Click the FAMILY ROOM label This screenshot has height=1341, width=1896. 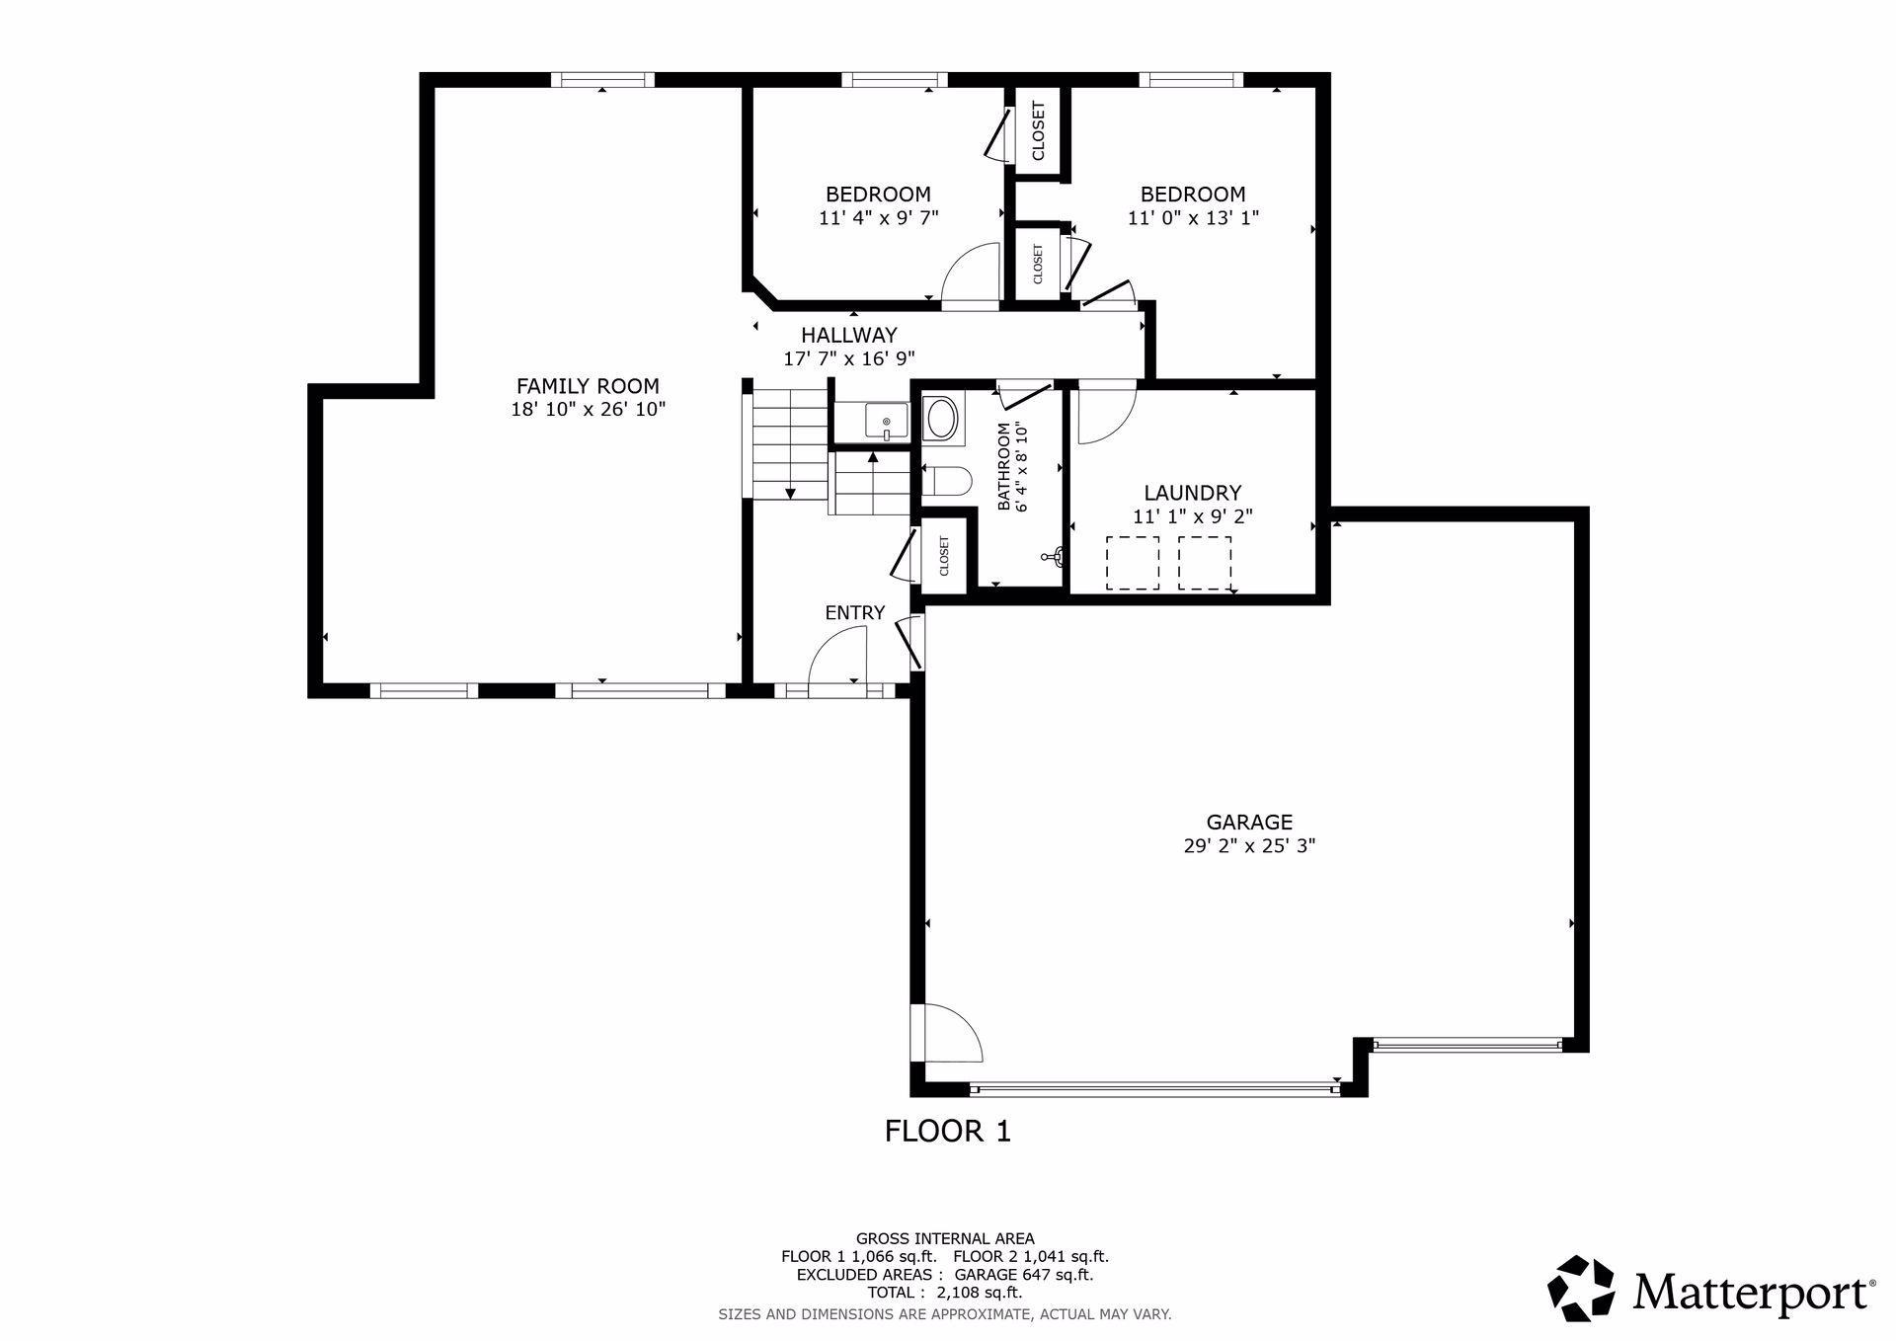tap(588, 386)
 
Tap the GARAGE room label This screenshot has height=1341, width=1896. tap(1249, 822)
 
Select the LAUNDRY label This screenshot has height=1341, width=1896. tap(1193, 493)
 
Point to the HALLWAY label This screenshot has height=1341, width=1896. tap(849, 335)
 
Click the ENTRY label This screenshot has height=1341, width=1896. tap(855, 612)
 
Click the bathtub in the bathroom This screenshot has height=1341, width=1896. tap(941, 418)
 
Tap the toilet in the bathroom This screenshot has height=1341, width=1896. tap(947, 481)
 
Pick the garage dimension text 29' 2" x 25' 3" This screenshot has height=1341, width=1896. tap(1249, 846)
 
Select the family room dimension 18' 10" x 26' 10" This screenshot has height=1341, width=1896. tap(588, 410)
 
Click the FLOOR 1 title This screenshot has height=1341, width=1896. tap(948, 1131)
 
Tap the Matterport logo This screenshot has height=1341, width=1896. tap(1711, 1290)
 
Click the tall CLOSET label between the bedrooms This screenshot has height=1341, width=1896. tap(1038, 131)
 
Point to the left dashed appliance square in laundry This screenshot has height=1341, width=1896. tap(1133, 563)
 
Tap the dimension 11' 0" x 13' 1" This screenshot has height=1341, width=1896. tap(1193, 218)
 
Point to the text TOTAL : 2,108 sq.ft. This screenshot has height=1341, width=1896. tap(945, 1292)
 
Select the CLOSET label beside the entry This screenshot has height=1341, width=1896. tap(944, 557)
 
